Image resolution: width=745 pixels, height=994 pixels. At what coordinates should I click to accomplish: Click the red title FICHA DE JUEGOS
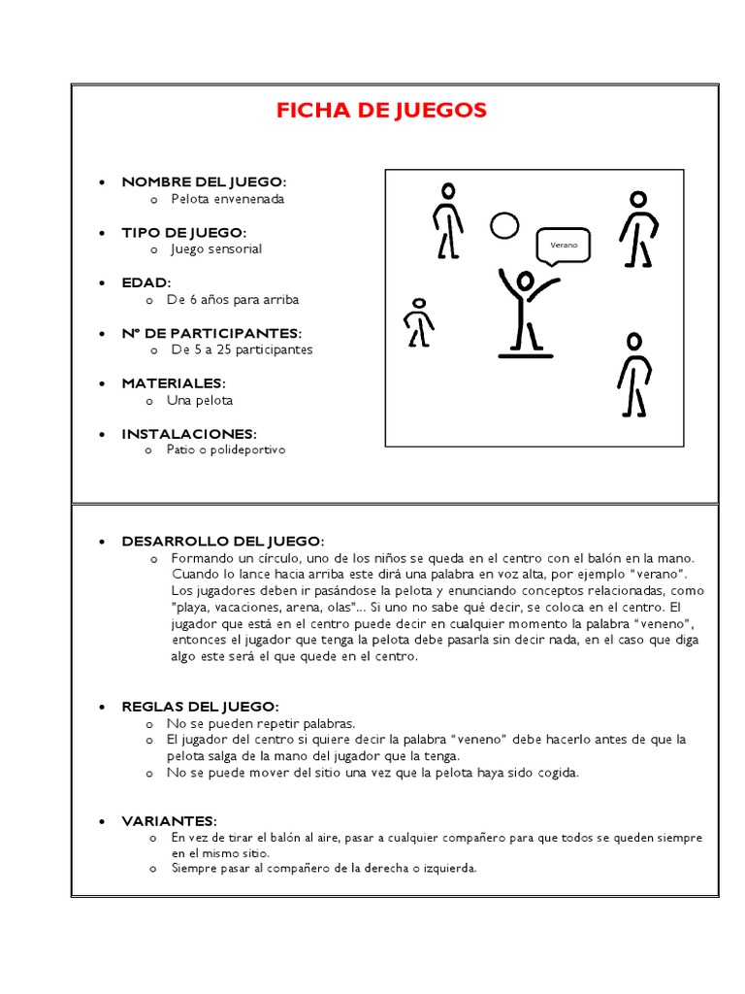[x=381, y=111]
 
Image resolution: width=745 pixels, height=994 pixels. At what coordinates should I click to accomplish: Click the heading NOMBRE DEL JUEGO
[x=204, y=182]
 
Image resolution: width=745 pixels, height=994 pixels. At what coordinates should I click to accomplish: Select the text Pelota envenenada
[x=228, y=199]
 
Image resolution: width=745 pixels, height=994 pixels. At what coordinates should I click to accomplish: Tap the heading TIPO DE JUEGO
[x=184, y=232]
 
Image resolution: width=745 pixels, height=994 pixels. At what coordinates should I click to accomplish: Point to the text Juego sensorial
[x=216, y=248]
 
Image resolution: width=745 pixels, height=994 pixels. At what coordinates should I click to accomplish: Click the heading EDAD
[x=146, y=282]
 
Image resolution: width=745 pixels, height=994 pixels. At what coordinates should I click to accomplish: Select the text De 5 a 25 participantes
[x=242, y=349]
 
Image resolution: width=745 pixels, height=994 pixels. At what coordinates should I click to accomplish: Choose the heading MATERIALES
[x=174, y=383]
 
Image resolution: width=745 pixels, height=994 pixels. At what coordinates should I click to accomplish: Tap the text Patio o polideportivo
[x=228, y=450]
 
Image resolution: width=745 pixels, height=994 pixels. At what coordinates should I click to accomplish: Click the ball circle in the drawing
[x=504, y=226]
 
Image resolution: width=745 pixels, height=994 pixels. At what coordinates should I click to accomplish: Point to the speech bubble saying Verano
[x=564, y=246]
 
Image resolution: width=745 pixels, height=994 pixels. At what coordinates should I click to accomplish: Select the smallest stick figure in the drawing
[x=419, y=322]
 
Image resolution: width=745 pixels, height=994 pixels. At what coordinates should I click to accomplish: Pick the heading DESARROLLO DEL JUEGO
[x=223, y=541]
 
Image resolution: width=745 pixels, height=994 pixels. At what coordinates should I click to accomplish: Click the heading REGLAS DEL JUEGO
[x=200, y=706]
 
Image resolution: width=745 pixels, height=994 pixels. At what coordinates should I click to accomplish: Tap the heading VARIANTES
[x=169, y=820]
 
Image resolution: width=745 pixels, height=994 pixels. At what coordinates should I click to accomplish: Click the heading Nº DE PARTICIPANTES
[x=211, y=333]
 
